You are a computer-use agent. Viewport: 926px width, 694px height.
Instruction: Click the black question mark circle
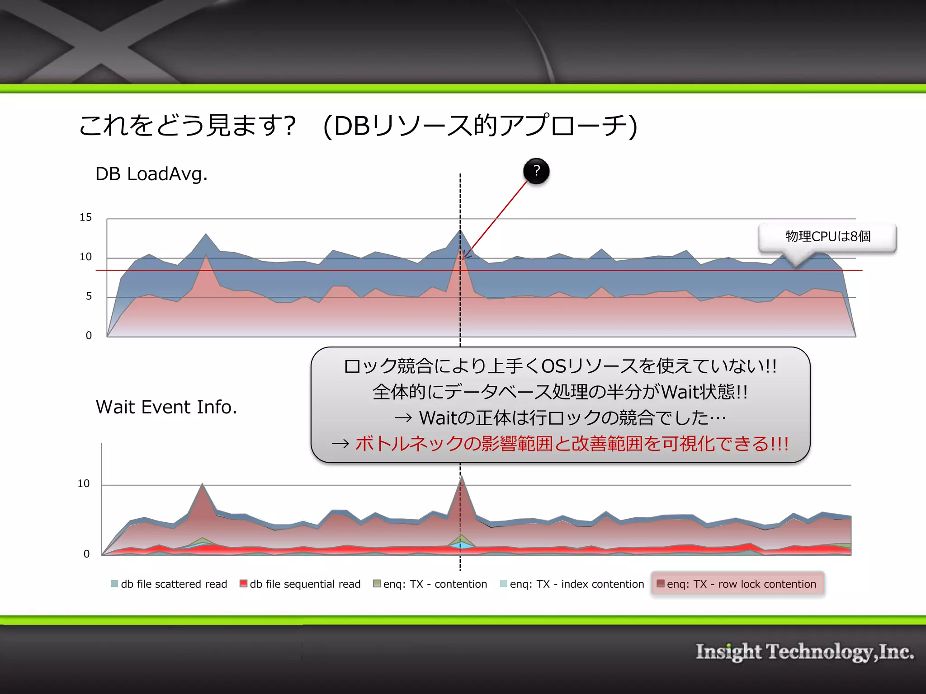click(x=536, y=171)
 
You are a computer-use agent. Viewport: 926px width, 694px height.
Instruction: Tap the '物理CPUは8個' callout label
click(x=827, y=236)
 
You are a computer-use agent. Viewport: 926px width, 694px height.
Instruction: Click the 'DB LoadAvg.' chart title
click(x=151, y=174)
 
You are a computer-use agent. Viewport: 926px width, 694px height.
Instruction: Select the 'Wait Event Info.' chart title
click(x=166, y=407)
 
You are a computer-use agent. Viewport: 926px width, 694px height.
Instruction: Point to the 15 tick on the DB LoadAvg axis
click(x=86, y=217)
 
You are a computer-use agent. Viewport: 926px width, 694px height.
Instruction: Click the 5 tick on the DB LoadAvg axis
click(x=89, y=296)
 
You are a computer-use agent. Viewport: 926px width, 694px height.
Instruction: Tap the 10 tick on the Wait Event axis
click(x=84, y=483)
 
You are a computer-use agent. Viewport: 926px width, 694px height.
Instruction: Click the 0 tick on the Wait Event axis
click(x=86, y=554)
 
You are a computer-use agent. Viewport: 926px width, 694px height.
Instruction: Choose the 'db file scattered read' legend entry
click(x=169, y=584)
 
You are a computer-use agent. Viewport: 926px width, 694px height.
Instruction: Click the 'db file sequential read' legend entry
click(x=300, y=584)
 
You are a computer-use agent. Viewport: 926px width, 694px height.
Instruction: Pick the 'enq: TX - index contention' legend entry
click(x=572, y=584)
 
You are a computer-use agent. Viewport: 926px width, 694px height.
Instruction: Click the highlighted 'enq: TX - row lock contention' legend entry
click(x=737, y=584)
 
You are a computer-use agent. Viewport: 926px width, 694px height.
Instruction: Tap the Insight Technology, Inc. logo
click(x=804, y=652)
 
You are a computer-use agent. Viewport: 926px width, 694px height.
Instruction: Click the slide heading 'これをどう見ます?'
click(x=188, y=126)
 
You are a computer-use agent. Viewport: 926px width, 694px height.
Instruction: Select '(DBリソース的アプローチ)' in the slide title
click(x=480, y=126)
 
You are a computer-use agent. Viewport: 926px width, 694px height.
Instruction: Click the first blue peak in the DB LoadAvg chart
click(x=206, y=235)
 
